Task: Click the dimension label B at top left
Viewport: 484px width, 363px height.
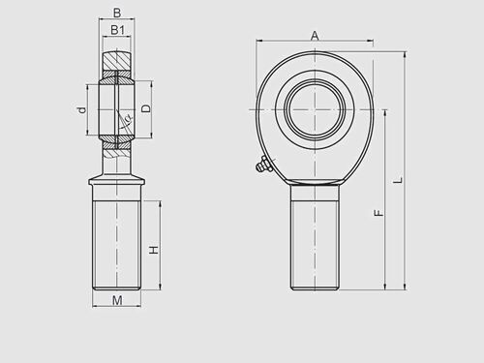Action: coord(116,13)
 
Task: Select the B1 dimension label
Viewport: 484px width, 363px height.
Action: coord(116,30)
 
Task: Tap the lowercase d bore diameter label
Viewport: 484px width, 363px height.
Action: coord(83,110)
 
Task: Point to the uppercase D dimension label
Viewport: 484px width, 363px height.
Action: coord(146,108)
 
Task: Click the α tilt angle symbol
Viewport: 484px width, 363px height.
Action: coord(126,120)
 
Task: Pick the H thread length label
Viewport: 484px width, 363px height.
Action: coord(153,250)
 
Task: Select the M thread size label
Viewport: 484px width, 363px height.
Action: coord(116,301)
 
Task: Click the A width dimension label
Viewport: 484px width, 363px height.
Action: coord(315,35)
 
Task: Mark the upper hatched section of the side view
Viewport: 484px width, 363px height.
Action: coord(116,66)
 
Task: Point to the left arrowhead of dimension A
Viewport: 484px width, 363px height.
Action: coord(258,42)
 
